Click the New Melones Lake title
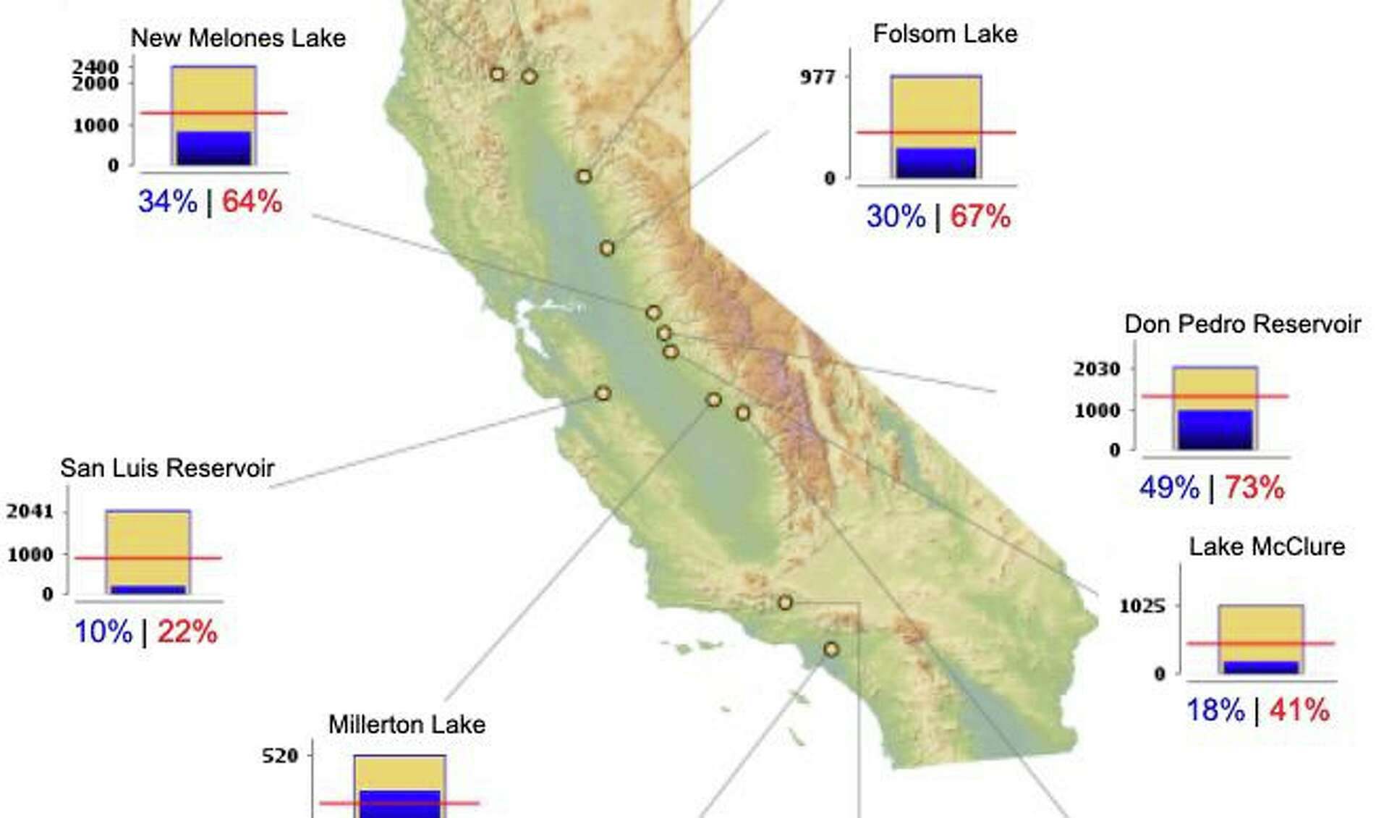pyautogui.click(x=238, y=38)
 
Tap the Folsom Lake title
pyautogui.click(x=945, y=34)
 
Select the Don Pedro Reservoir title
pyautogui.click(x=1242, y=324)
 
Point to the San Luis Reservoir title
pyautogui.click(x=167, y=468)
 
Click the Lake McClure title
pyautogui.click(x=1267, y=547)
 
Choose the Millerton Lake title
pyautogui.click(x=407, y=725)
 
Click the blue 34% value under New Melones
pyautogui.click(x=168, y=201)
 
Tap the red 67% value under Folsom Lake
pyautogui.click(x=980, y=216)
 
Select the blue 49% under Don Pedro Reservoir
pyautogui.click(x=1169, y=488)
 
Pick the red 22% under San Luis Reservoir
pyautogui.click(x=187, y=632)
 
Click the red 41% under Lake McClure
pyautogui.click(x=1299, y=710)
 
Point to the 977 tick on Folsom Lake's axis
pyautogui.click(x=817, y=77)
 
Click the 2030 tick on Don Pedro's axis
pyautogui.click(x=1097, y=369)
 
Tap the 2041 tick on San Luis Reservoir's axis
pyautogui.click(x=30, y=512)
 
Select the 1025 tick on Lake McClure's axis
pyautogui.click(x=1142, y=606)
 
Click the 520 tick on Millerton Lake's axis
pyautogui.click(x=280, y=756)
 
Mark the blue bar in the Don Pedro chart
pyautogui.click(x=1215, y=430)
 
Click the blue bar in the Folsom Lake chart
pyautogui.click(x=935, y=163)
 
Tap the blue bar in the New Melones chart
pyautogui.click(x=214, y=148)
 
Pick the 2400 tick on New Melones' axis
pyautogui.click(x=95, y=67)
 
